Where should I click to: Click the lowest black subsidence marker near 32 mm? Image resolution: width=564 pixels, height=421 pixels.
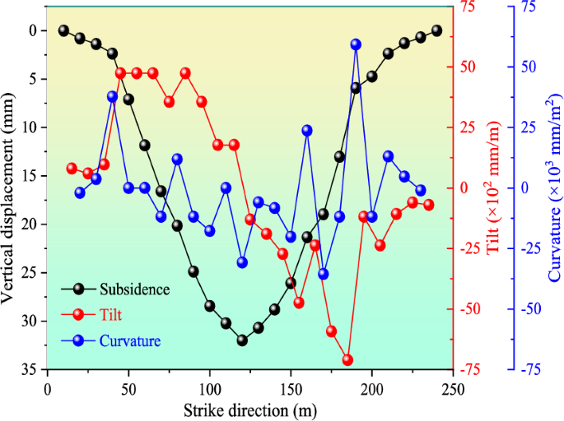point(242,340)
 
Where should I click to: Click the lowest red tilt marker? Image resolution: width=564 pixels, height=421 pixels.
point(347,360)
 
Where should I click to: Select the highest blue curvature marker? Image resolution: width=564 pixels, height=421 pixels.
point(356,44)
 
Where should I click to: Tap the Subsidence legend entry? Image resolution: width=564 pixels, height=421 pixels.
point(134,289)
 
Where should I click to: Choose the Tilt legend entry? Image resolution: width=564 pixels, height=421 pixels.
point(114,314)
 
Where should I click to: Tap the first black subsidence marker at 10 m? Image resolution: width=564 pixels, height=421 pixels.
point(64,30)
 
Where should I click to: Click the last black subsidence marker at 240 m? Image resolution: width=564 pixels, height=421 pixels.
point(436,30)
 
